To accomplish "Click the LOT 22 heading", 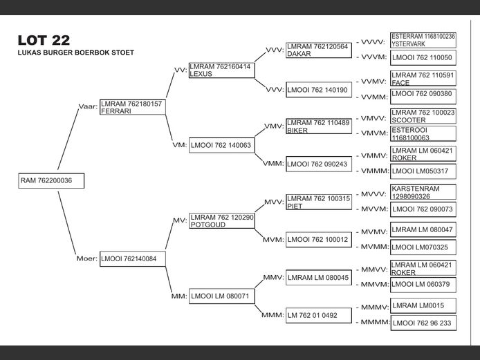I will click(44, 40).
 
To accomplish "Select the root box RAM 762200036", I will click(51, 181).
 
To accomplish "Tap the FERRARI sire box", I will click(131, 108).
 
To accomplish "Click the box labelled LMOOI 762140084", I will click(131, 258).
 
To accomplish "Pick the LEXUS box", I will click(221, 70).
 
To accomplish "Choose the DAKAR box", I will click(317, 50).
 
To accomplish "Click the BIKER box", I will click(317, 126).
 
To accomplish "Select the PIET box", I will click(317, 202).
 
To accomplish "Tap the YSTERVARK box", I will click(423, 40).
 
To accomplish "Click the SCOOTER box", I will click(423, 116).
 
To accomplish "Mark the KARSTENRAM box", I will click(423, 192).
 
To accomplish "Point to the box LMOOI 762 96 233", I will click(423, 323).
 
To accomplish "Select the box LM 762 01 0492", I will click(317, 315).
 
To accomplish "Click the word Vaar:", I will click(88, 106).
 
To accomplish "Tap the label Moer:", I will click(86, 258).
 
